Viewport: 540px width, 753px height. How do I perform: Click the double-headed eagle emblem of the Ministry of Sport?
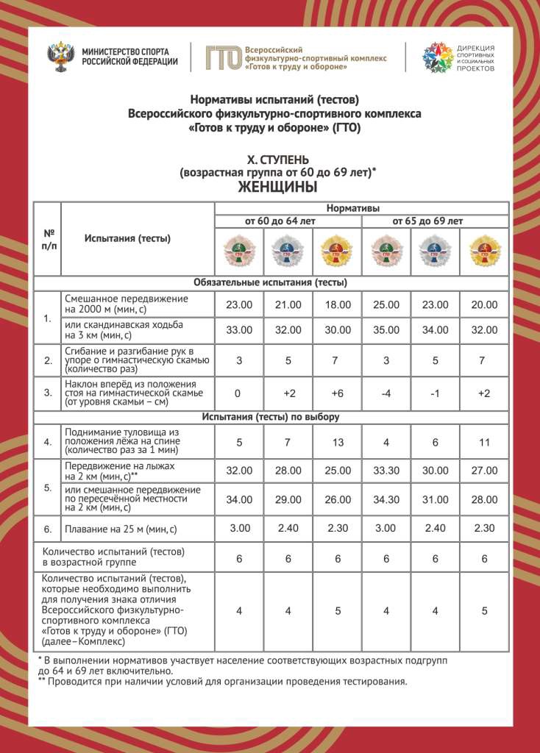point(60,57)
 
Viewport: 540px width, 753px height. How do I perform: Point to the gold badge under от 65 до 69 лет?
point(484,250)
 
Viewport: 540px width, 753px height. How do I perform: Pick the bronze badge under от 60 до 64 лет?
point(238,250)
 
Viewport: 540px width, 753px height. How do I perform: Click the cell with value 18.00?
point(337,304)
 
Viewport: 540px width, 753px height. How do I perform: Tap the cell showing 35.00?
point(386,329)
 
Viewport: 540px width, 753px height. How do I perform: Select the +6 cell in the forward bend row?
point(337,393)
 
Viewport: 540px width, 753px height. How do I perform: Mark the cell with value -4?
point(386,393)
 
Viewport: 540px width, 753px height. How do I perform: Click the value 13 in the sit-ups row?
point(337,442)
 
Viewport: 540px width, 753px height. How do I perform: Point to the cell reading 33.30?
point(386,471)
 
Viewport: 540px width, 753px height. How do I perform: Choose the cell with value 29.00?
point(288,499)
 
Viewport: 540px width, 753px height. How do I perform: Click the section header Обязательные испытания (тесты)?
point(270,282)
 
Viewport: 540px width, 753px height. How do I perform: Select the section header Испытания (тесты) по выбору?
point(270,417)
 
